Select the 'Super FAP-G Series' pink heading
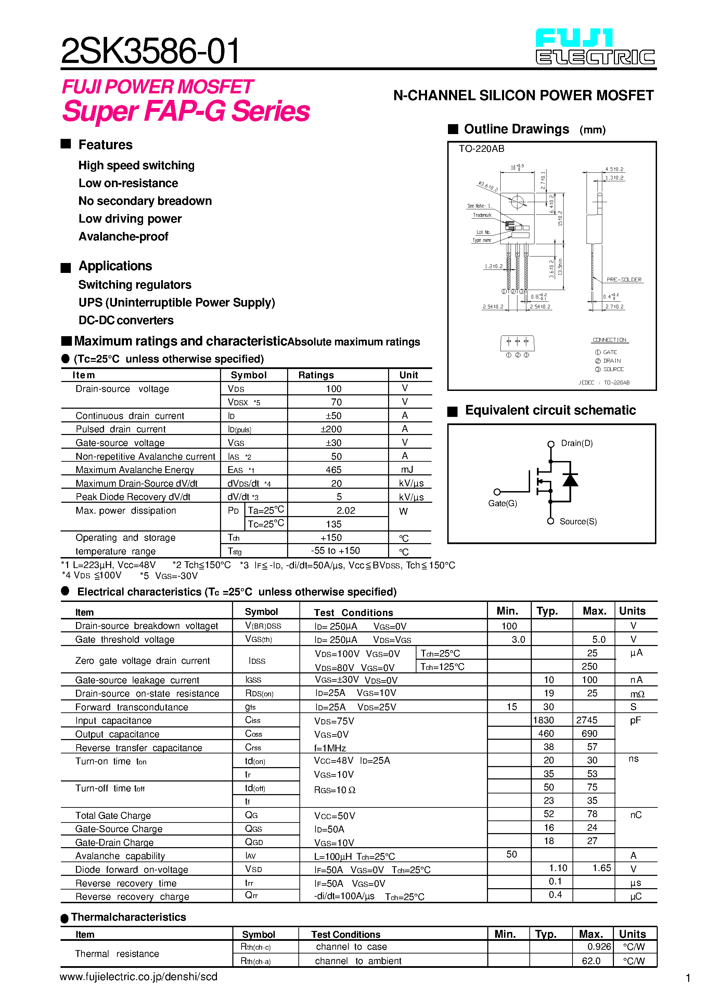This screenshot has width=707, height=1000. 186,111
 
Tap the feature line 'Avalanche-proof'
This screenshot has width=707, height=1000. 123,237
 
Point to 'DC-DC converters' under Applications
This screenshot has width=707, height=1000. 126,320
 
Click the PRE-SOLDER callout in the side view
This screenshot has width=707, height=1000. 624,280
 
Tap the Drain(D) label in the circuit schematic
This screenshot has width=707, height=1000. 576,443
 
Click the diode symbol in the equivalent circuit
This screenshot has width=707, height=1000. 570,480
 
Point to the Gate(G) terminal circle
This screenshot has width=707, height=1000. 497,492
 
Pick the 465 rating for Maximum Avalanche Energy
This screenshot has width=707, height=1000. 333,470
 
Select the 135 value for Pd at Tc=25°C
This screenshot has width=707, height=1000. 333,524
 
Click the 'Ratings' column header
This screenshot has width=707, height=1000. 316,375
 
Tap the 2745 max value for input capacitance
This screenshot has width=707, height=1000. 586,720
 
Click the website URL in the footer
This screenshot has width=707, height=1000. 138,976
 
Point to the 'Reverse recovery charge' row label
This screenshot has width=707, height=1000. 132,896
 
